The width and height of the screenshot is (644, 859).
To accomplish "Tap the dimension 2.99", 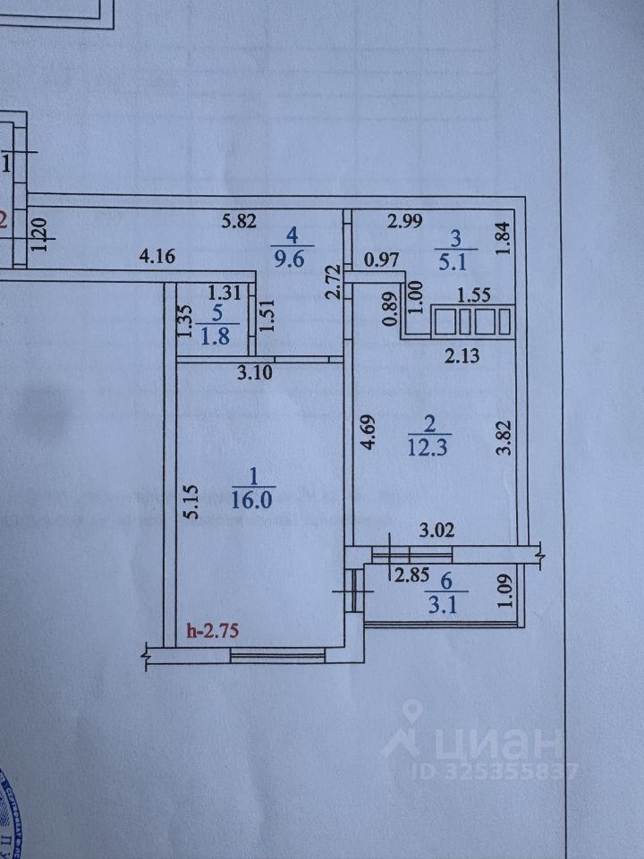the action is tap(404, 220).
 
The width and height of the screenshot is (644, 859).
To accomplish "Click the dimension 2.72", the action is tap(333, 283).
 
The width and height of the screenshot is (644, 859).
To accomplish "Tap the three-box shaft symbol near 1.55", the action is tap(471, 321).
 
